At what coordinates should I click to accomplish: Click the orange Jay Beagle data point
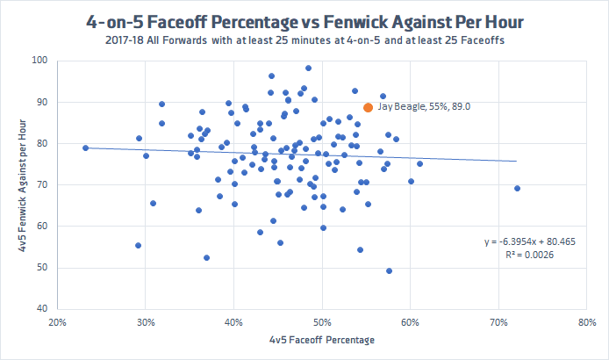(x=369, y=107)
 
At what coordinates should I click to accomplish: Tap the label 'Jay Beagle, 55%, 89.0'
(x=429, y=105)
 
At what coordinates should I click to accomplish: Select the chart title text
(x=304, y=20)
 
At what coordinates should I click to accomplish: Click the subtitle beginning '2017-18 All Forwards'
(x=304, y=40)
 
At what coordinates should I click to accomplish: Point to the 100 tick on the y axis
(x=40, y=61)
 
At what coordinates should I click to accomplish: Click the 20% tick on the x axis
(x=58, y=322)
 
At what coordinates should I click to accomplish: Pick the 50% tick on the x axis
(x=323, y=322)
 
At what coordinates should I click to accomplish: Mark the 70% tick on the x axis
(x=499, y=322)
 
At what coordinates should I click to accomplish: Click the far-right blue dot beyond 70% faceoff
(x=517, y=188)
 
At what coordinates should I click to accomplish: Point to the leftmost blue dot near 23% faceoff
(x=85, y=148)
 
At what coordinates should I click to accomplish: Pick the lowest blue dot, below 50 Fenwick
(x=389, y=270)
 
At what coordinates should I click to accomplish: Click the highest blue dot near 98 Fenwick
(x=308, y=68)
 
